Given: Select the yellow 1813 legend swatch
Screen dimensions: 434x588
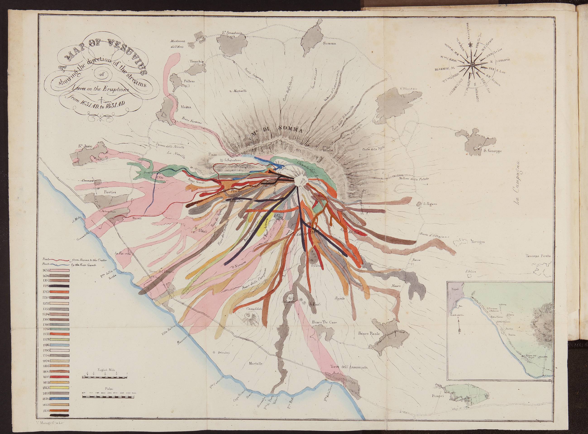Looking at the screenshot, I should [60, 387].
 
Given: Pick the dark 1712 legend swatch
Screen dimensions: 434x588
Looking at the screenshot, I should [60, 286].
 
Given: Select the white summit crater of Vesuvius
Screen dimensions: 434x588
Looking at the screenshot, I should [300, 180].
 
